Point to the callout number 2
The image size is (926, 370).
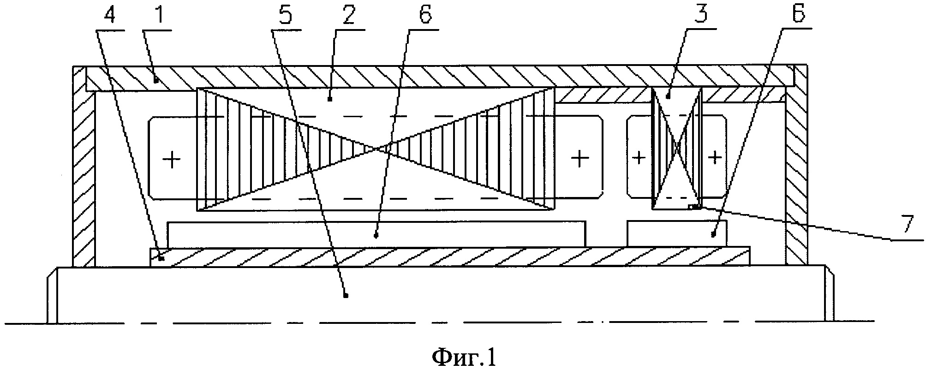[348, 17]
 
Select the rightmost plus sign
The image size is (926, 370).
[715, 158]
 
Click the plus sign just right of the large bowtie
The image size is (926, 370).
[579, 159]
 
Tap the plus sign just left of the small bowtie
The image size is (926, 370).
[639, 158]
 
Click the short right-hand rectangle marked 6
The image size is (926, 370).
[677, 233]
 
